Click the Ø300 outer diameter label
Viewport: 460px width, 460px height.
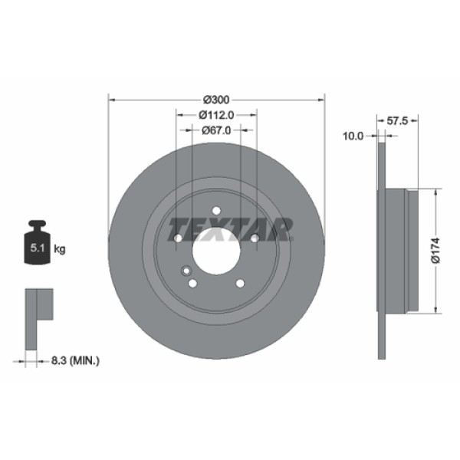pos(216,100)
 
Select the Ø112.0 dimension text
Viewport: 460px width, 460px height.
pos(216,114)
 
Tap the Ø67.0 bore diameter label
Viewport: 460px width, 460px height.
pos(216,130)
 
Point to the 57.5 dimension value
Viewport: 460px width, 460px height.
pos(396,121)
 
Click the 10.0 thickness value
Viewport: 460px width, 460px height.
pos(352,136)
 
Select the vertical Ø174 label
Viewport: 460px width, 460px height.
pos(435,250)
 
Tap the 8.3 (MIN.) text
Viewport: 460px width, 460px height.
pos(74,360)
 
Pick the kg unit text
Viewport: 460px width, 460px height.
pos(60,249)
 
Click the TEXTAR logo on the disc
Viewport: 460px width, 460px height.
pos(231,228)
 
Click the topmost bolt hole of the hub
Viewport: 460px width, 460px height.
pos(216,210)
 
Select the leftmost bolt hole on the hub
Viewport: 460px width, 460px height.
pos(178,238)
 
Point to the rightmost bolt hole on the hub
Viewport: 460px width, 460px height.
pos(255,238)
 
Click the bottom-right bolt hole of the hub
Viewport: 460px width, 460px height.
pos(240,283)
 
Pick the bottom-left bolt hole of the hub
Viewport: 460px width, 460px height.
pos(192,283)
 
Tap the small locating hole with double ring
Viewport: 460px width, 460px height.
pos(185,270)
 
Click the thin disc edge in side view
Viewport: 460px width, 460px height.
pos(381,250)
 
